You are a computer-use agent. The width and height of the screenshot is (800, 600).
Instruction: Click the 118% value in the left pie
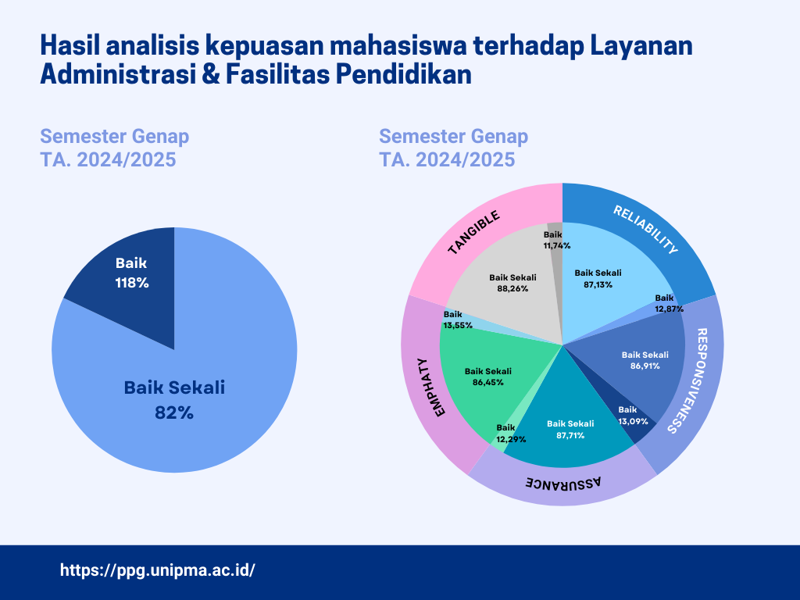(x=131, y=283)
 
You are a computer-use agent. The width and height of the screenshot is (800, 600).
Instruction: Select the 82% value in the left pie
(x=174, y=412)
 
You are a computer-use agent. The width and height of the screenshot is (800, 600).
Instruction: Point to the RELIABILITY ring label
(x=645, y=230)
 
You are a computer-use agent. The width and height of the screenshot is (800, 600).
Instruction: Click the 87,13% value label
(x=598, y=284)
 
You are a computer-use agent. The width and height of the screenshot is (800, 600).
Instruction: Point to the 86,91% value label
(x=645, y=366)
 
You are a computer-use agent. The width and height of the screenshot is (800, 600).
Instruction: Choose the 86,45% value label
(x=487, y=382)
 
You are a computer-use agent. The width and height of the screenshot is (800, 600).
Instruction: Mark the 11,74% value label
(x=556, y=245)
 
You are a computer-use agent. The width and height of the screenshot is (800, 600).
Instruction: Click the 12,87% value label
(x=669, y=309)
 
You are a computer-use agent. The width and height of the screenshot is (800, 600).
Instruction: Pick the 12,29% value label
(x=511, y=439)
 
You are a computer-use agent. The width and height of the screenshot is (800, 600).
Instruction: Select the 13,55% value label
(x=458, y=325)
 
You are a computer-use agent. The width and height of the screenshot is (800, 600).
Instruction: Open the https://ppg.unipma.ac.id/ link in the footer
(x=158, y=570)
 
